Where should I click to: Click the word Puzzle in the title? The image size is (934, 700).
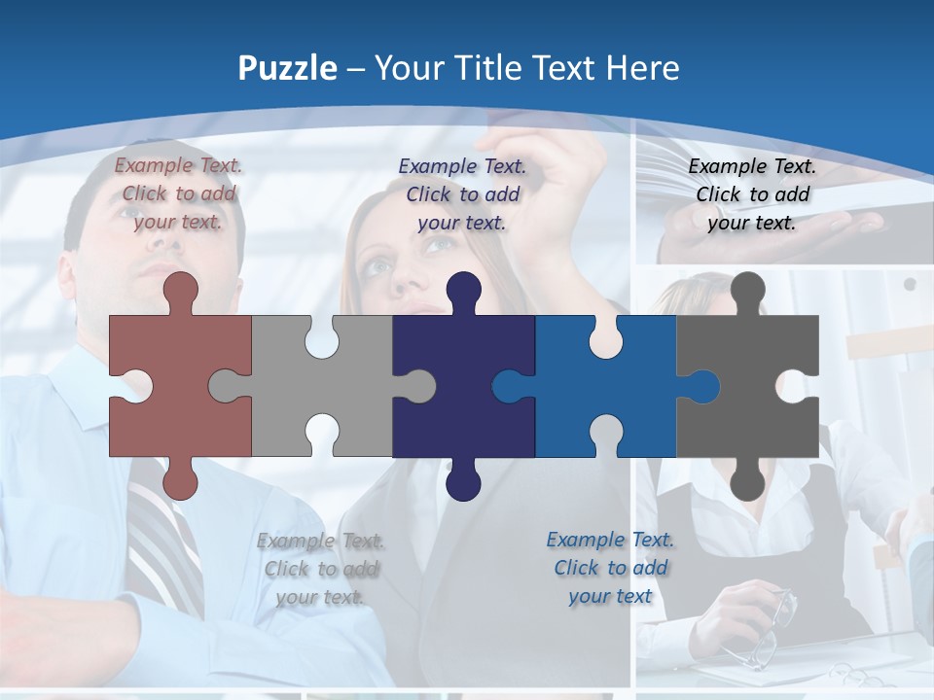[288, 69]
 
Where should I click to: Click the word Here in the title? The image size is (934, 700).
[641, 68]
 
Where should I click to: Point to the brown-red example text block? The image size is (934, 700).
[179, 193]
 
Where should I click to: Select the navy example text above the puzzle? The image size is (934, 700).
[463, 193]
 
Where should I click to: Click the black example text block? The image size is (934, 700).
[752, 193]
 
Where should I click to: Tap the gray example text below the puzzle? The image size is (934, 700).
[321, 569]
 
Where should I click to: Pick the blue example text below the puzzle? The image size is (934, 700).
[610, 567]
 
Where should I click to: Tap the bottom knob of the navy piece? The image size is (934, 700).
[463, 481]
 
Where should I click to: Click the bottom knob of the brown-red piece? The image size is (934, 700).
[181, 481]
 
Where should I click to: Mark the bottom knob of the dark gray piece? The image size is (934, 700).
[747, 481]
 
